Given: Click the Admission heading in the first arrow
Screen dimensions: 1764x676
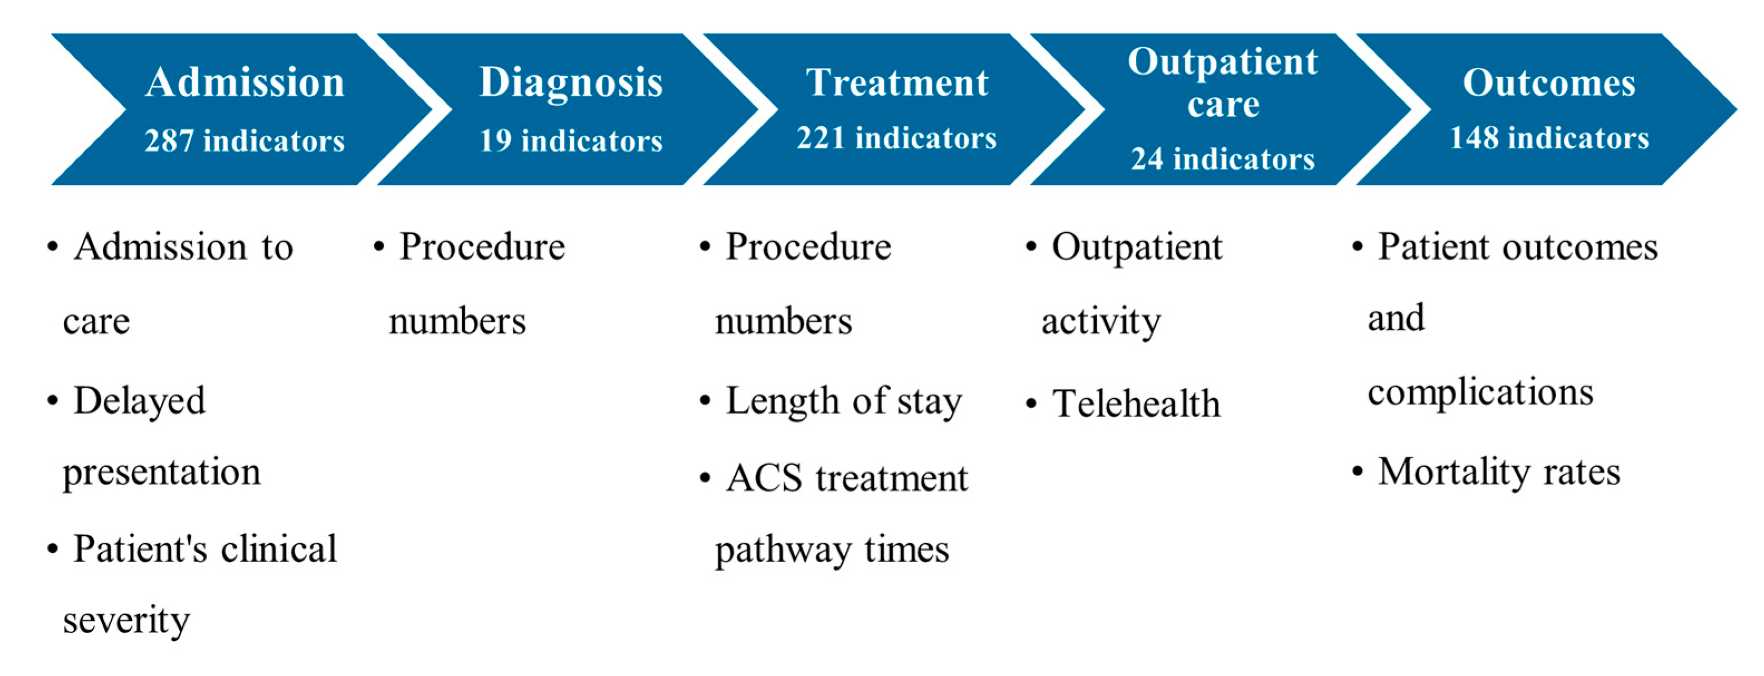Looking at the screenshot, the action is click(245, 83).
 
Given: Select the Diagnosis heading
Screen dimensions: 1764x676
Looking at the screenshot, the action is click(570, 83).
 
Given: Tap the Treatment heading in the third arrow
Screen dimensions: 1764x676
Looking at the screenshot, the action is click(897, 83).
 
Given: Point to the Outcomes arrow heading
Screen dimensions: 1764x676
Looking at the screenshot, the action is click(1549, 83).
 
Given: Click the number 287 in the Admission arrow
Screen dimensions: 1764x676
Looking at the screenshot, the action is click(169, 141).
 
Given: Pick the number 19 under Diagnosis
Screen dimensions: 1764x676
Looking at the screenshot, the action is click(495, 141).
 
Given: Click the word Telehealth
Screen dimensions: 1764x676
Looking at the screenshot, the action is click(1137, 403).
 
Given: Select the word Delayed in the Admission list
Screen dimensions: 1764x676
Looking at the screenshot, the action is click(140, 401).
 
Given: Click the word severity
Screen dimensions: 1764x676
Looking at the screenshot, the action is click(126, 620).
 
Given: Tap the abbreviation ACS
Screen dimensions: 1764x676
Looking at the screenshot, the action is click(764, 478).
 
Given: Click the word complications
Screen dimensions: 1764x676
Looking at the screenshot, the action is click(1480, 393).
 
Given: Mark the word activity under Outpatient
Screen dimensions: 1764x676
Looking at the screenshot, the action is click(1101, 322).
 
